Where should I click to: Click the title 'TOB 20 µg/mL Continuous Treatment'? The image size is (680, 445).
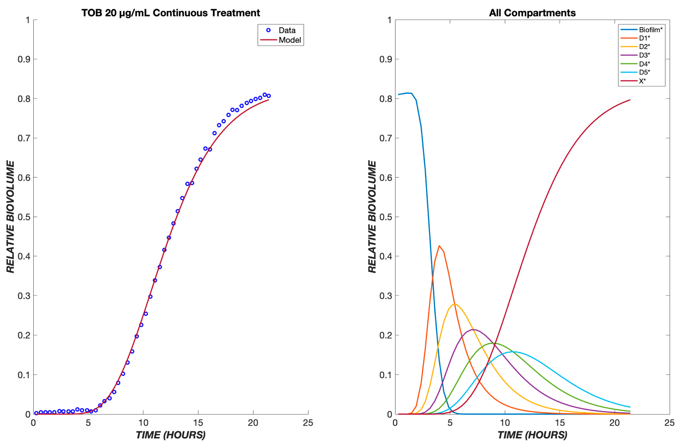click(171, 13)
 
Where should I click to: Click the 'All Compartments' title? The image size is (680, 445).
click(532, 13)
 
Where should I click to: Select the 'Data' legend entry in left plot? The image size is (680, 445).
click(287, 30)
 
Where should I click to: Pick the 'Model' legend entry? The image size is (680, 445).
click(289, 40)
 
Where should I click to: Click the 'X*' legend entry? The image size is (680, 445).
click(642, 81)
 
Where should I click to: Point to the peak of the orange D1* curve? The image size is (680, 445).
click(439, 246)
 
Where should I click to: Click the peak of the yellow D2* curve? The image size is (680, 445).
click(455, 305)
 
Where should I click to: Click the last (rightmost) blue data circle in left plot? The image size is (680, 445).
click(269, 96)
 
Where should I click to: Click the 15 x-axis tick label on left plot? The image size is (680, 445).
click(198, 423)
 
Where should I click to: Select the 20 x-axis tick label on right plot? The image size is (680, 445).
click(614, 423)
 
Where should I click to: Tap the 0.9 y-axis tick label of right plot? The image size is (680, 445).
click(386, 59)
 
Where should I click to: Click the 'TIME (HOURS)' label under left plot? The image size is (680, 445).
click(171, 435)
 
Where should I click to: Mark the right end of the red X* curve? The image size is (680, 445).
click(630, 100)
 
